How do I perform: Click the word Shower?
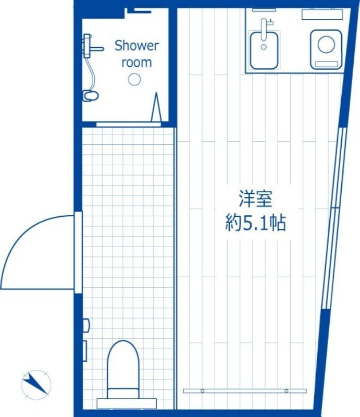[x=136, y=45]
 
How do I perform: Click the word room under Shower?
[x=136, y=62]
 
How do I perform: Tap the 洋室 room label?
[x=255, y=199]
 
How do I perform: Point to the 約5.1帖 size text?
[x=255, y=223]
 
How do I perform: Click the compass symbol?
[x=36, y=385]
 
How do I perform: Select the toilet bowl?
[x=123, y=366]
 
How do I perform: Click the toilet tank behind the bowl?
[x=127, y=403]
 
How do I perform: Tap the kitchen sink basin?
[x=264, y=50]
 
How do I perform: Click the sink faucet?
[x=265, y=29]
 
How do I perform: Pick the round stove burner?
[x=326, y=44]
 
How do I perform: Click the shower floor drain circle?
[x=134, y=79]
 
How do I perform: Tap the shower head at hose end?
[x=91, y=96]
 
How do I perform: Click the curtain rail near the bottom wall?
[x=245, y=390]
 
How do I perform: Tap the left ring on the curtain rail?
[x=203, y=390]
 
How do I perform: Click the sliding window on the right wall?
[x=334, y=218]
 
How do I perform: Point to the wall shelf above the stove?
[x=322, y=14]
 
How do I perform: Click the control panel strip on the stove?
[x=327, y=64]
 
